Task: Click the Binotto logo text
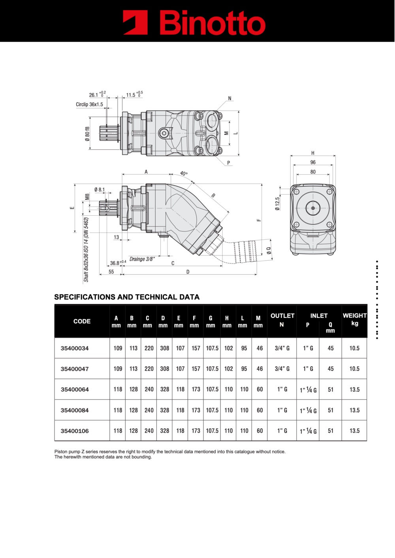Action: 212,22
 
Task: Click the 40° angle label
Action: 184,174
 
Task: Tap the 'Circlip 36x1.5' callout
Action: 89,105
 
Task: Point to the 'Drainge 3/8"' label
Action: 142,259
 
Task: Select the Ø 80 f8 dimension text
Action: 87,134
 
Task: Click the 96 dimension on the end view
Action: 313,162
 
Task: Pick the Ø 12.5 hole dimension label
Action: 277,204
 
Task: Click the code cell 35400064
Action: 75,389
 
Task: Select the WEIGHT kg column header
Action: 355,319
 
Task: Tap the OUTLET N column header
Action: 282,320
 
